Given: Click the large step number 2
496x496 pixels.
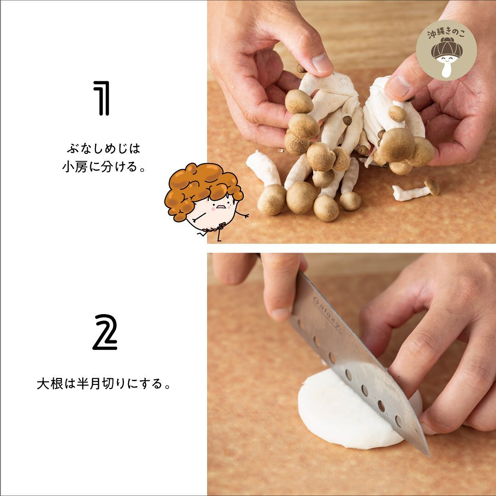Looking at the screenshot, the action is [105, 332].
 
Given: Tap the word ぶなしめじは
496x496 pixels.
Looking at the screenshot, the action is [103, 148].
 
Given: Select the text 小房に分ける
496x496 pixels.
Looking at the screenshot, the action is [101, 167].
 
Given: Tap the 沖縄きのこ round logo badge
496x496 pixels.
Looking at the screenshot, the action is [446, 50].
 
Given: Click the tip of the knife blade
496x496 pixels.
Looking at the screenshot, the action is [429, 456].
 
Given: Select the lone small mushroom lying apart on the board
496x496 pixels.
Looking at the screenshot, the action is [416, 190].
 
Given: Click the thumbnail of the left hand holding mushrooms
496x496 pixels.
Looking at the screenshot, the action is [321, 62].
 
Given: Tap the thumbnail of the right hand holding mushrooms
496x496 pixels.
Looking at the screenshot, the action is [398, 86].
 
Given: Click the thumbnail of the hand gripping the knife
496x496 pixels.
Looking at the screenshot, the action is [281, 314].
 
